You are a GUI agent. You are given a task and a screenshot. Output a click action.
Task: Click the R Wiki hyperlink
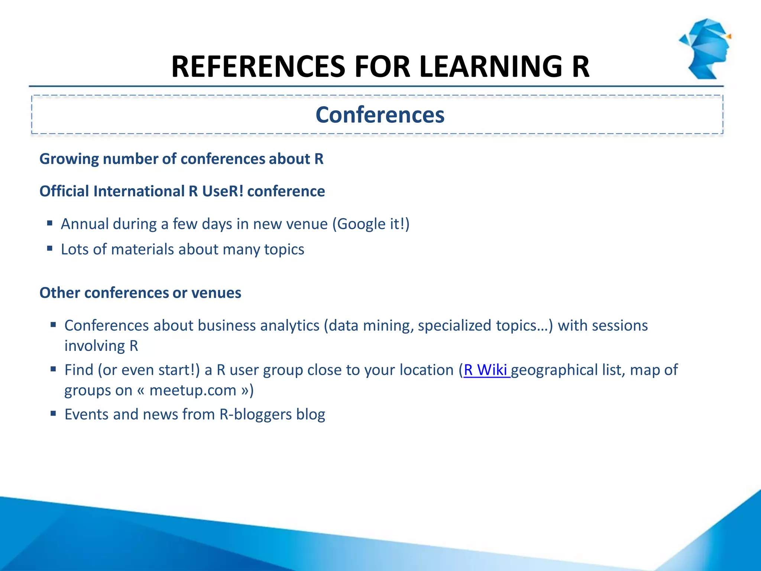pyautogui.click(x=486, y=370)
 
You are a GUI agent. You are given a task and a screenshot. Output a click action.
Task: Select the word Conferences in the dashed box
pyautogui.click(x=380, y=115)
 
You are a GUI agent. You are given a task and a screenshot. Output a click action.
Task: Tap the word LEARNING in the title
pyautogui.click(x=490, y=67)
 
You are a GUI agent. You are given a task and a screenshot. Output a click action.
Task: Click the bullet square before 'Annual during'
pyautogui.click(x=50, y=223)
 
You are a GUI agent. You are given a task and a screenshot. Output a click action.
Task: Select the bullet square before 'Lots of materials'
pyautogui.click(x=50, y=248)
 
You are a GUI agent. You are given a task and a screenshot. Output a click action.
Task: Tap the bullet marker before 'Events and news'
pyautogui.click(x=53, y=413)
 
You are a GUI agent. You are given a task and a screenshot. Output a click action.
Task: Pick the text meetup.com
pyautogui.click(x=193, y=390)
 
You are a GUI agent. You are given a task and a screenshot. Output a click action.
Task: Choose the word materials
pyautogui.click(x=143, y=249)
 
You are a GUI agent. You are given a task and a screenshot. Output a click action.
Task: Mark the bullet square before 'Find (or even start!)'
pyautogui.click(x=53, y=369)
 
